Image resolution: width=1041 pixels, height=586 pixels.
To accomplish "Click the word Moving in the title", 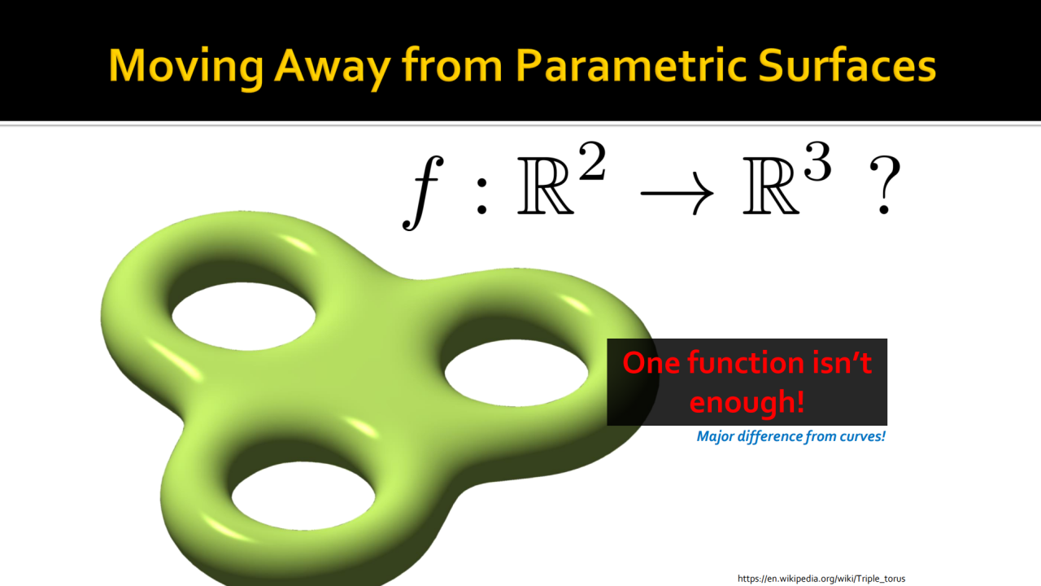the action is pyautogui.click(x=186, y=67).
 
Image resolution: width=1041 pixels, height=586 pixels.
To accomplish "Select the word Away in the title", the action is pyautogui.click(x=333, y=67).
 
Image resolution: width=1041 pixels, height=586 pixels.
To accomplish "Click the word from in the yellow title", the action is pyautogui.click(x=453, y=65).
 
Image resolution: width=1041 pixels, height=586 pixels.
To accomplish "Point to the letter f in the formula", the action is pyautogui.click(x=423, y=193).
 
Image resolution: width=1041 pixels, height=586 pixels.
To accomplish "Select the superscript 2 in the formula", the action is pyautogui.click(x=592, y=161).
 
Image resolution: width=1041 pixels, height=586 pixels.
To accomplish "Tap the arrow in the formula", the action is pyautogui.click(x=677, y=193).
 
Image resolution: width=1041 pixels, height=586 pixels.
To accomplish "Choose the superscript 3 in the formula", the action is pyautogui.click(x=817, y=161).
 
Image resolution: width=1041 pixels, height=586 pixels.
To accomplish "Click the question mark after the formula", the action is pyautogui.click(x=885, y=185).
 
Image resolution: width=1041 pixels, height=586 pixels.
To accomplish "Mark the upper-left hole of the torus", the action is pyautogui.click(x=243, y=317).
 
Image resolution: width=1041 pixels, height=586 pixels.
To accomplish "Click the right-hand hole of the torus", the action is pyautogui.click(x=516, y=373).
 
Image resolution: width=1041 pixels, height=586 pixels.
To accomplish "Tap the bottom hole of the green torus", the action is pyautogui.click(x=303, y=496).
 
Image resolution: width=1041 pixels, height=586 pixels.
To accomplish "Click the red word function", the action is pyautogui.click(x=746, y=363).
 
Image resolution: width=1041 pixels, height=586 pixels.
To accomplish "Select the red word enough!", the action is pyautogui.click(x=747, y=402).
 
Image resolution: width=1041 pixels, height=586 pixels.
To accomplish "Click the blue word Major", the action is pyautogui.click(x=715, y=437).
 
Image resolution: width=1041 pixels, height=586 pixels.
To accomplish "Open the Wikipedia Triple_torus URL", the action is pyautogui.click(x=821, y=579).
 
